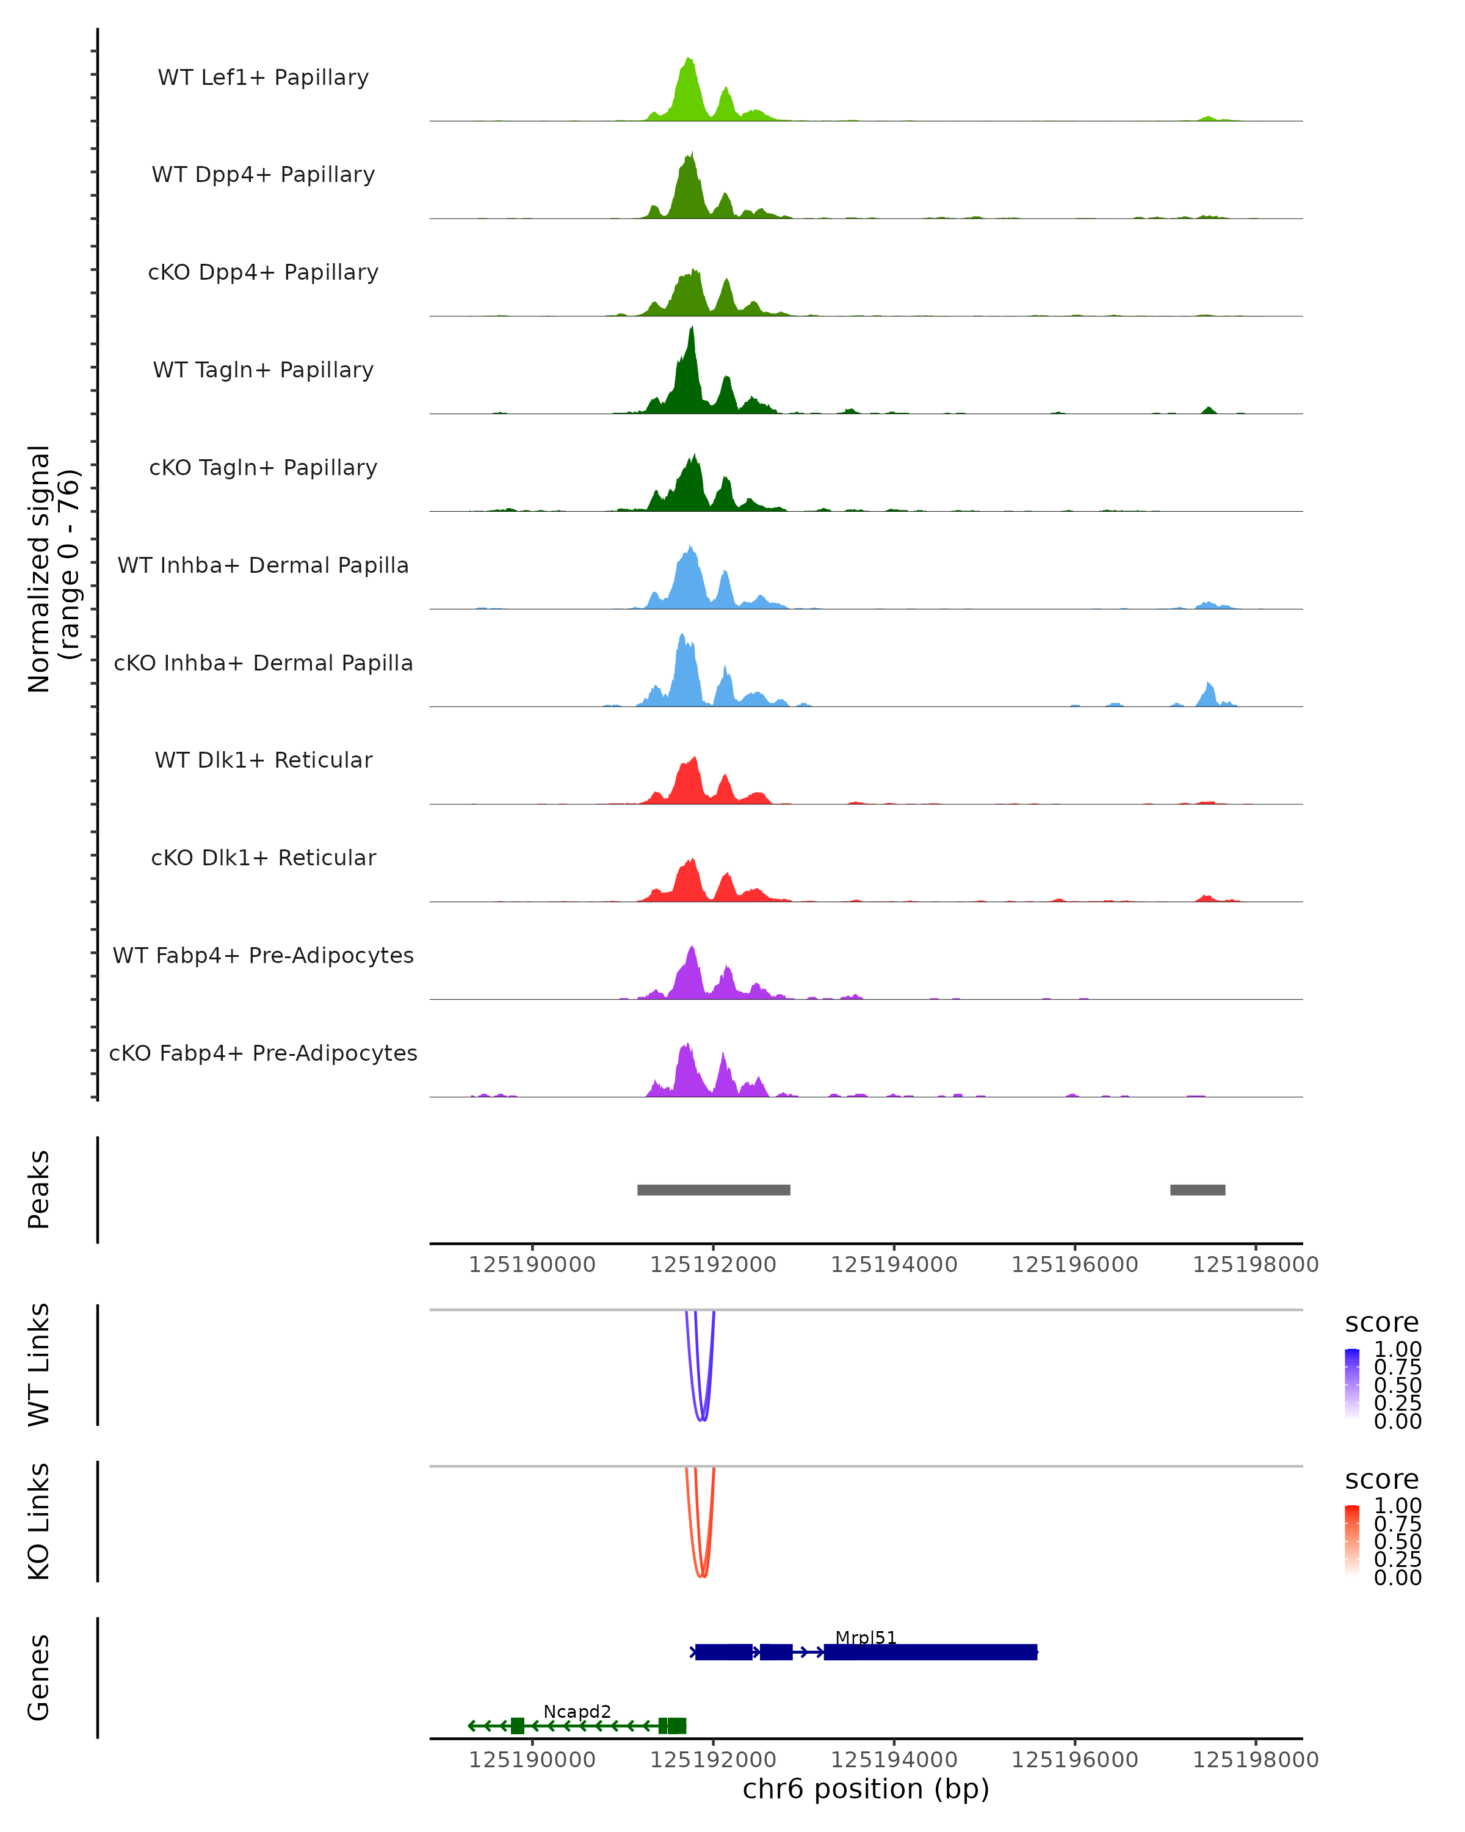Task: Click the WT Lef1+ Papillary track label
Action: [263, 78]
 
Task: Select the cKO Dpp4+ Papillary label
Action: [263, 273]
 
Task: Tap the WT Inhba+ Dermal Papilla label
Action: [263, 566]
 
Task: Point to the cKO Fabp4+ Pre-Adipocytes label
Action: [263, 1053]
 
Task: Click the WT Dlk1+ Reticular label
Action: [263, 760]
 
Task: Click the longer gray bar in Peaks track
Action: [714, 1190]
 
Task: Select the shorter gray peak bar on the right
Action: [1198, 1190]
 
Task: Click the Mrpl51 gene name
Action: [866, 1637]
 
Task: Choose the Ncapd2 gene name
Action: [577, 1711]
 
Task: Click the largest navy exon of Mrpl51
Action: [930, 1652]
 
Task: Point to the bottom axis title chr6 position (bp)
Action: [866, 1789]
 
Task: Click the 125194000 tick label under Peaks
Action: [894, 1265]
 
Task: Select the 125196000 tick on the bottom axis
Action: [1074, 1760]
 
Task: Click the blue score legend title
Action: [1381, 1322]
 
